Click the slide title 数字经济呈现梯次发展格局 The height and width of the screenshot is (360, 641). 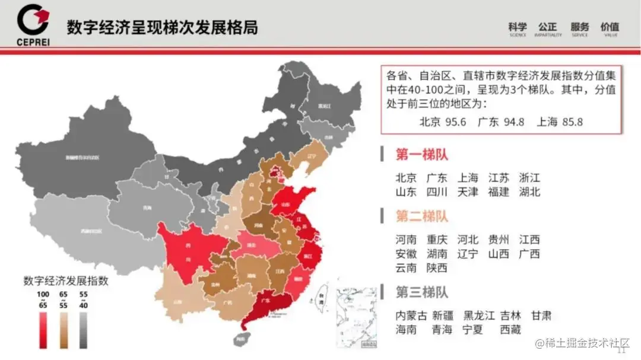point(161,27)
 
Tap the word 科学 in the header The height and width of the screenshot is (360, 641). point(518,27)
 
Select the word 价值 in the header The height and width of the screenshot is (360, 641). point(610,27)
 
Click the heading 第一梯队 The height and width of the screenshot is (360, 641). point(422,155)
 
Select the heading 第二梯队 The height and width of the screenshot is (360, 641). point(422,216)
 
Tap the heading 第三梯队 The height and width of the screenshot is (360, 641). point(422,292)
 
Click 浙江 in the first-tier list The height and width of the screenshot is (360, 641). point(529,178)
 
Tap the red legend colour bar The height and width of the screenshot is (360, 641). point(43,330)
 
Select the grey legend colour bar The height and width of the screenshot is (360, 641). point(83,330)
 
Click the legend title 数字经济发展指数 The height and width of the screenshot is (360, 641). point(65,281)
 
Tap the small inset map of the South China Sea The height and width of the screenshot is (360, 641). point(354,317)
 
